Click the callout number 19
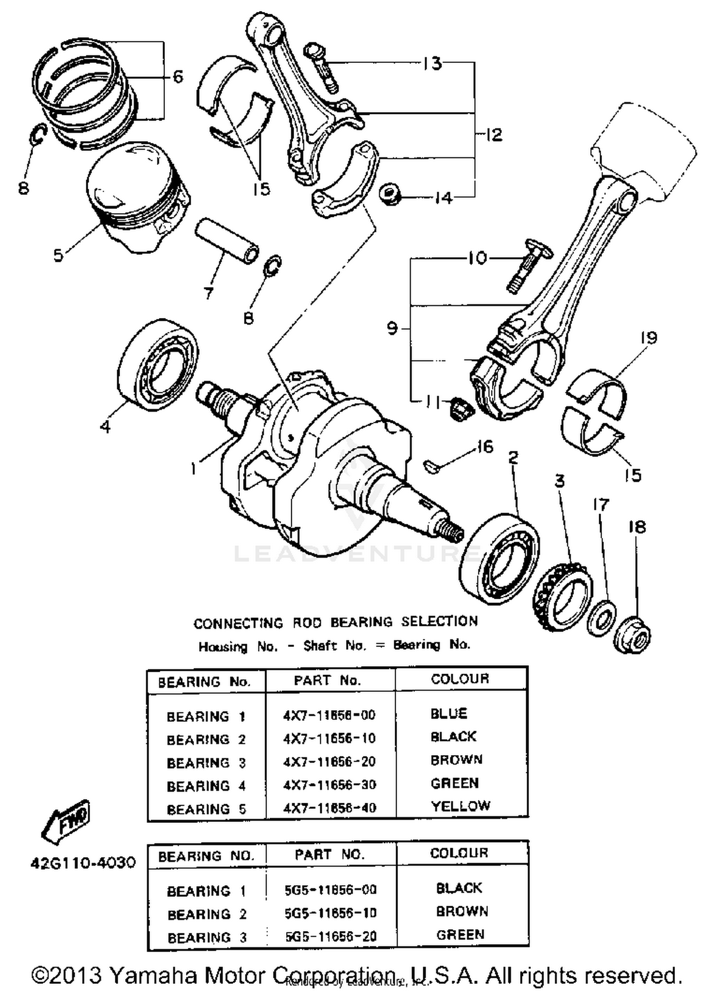click(648, 338)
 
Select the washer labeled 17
click(602, 618)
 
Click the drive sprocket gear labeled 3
click(562, 597)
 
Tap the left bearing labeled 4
click(157, 365)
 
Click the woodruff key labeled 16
click(431, 466)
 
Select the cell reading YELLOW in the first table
click(460, 806)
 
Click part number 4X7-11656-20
click(329, 761)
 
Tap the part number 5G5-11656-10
click(330, 913)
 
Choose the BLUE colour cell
click(449, 714)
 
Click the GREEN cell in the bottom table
click(460, 934)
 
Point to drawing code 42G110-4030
click(83, 862)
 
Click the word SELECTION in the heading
click(439, 621)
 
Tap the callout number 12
click(494, 135)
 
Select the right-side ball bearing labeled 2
click(500, 559)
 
